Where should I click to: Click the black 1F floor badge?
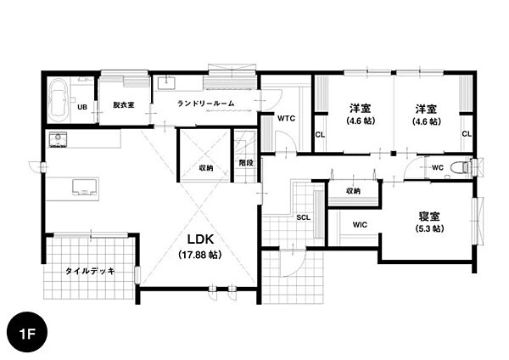click(27, 332)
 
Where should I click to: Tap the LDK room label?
click(200, 239)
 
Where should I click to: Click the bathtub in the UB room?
click(59, 99)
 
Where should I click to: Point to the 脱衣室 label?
click(124, 105)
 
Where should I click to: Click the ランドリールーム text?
click(206, 104)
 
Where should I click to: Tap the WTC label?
click(287, 118)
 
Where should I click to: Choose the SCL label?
click(303, 217)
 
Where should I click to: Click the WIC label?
click(360, 224)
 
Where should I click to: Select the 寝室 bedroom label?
click(429, 216)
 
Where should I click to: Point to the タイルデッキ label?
click(90, 271)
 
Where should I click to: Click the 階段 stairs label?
click(246, 163)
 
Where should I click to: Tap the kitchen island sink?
click(84, 187)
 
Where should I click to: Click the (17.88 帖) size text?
click(200, 255)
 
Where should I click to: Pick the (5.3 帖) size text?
click(429, 228)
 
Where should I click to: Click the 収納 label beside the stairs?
click(206, 168)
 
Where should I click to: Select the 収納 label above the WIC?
click(353, 191)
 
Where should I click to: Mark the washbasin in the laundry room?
click(167, 82)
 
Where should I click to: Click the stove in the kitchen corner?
click(58, 139)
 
